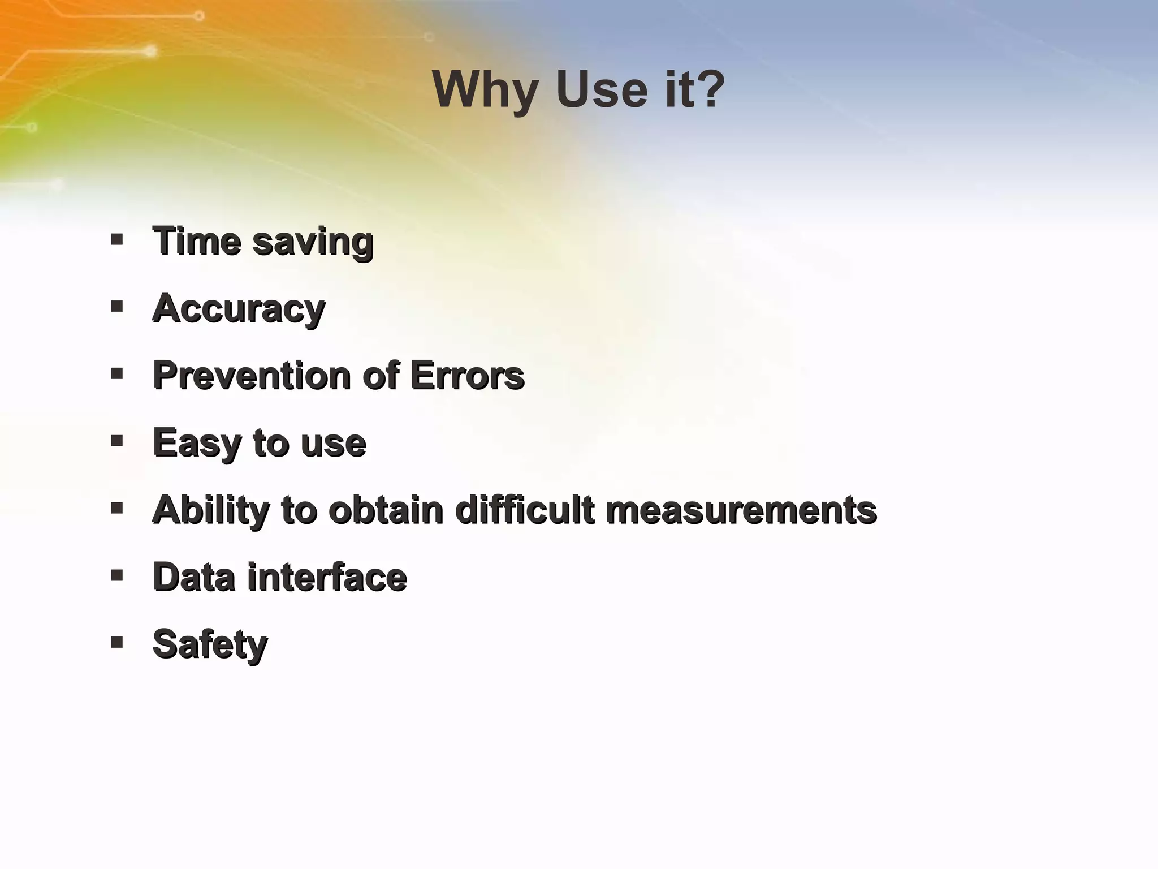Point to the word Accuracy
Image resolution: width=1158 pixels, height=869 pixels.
pos(239,309)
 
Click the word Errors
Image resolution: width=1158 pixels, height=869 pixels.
pos(467,376)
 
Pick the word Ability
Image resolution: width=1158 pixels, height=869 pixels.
pos(211,510)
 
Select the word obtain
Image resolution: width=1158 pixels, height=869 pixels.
pos(386,510)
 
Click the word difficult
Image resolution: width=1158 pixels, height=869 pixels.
pos(525,510)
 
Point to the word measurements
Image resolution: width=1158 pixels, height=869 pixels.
pos(741,510)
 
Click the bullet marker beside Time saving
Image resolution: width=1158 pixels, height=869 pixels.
pos(117,240)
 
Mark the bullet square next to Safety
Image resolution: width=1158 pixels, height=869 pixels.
pos(117,643)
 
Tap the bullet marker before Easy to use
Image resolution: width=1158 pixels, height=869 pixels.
pos(117,441)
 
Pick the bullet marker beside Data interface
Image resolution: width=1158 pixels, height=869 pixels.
pos(117,576)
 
